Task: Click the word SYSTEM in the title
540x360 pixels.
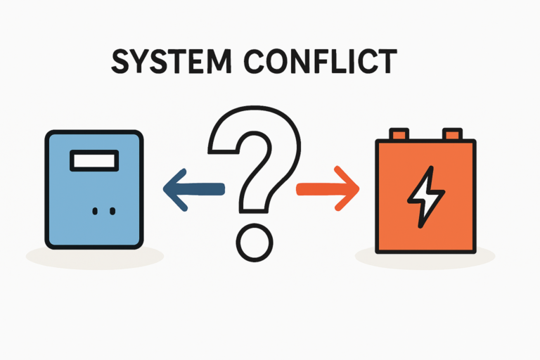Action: (x=171, y=61)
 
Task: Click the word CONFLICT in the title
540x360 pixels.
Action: (x=321, y=61)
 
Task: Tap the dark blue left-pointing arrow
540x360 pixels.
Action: (x=194, y=189)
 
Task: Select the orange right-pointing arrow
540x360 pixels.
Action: (x=328, y=188)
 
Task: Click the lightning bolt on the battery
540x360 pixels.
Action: (x=426, y=197)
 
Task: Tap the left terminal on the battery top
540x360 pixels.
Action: (x=399, y=134)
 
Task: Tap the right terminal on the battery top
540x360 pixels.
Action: (x=452, y=134)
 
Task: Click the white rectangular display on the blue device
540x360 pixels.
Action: (x=94, y=160)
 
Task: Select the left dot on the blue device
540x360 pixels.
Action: (x=95, y=211)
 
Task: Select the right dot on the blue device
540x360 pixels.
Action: (x=112, y=211)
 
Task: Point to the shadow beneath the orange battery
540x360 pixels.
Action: (x=425, y=260)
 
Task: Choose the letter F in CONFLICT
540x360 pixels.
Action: (x=326, y=61)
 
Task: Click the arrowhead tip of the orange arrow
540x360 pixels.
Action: (x=359, y=188)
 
